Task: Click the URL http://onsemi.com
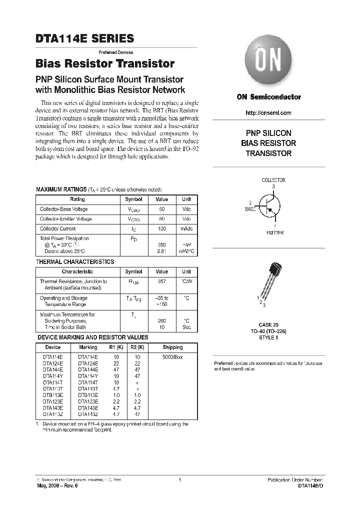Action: point(268,113)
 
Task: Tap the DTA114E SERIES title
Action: point(84,38)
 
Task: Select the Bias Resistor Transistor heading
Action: point(104,64)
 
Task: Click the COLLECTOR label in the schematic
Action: point(273,180)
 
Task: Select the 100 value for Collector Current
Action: point(161,228)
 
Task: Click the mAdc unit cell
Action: point(186,228)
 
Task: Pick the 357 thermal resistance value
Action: point(161,281)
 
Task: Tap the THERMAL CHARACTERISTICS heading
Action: point(75,262)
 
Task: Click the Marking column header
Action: point(88,347)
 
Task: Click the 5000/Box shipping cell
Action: point(172,357)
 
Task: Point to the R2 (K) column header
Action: point(137,347)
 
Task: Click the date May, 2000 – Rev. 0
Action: point(57,485)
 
